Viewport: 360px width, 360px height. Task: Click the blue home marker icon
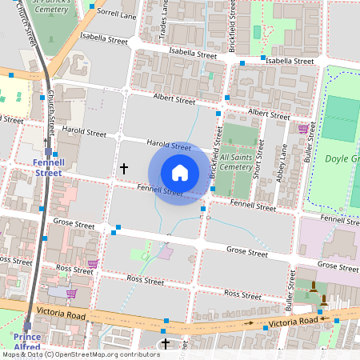[180, 173]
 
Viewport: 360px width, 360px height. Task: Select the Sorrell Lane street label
[117, 14]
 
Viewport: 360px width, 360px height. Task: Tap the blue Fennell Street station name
[48, 166]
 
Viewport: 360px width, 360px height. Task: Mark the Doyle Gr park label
[342, 158]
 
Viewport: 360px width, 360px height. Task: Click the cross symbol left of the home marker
[123, 168]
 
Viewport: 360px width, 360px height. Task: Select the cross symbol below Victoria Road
[166, 344]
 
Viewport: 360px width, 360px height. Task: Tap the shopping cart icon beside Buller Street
[302, 128]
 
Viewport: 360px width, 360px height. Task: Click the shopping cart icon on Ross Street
[93, 264]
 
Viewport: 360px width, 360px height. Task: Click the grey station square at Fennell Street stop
[48, 150]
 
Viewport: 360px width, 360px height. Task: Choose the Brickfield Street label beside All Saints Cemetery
[214, 154]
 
